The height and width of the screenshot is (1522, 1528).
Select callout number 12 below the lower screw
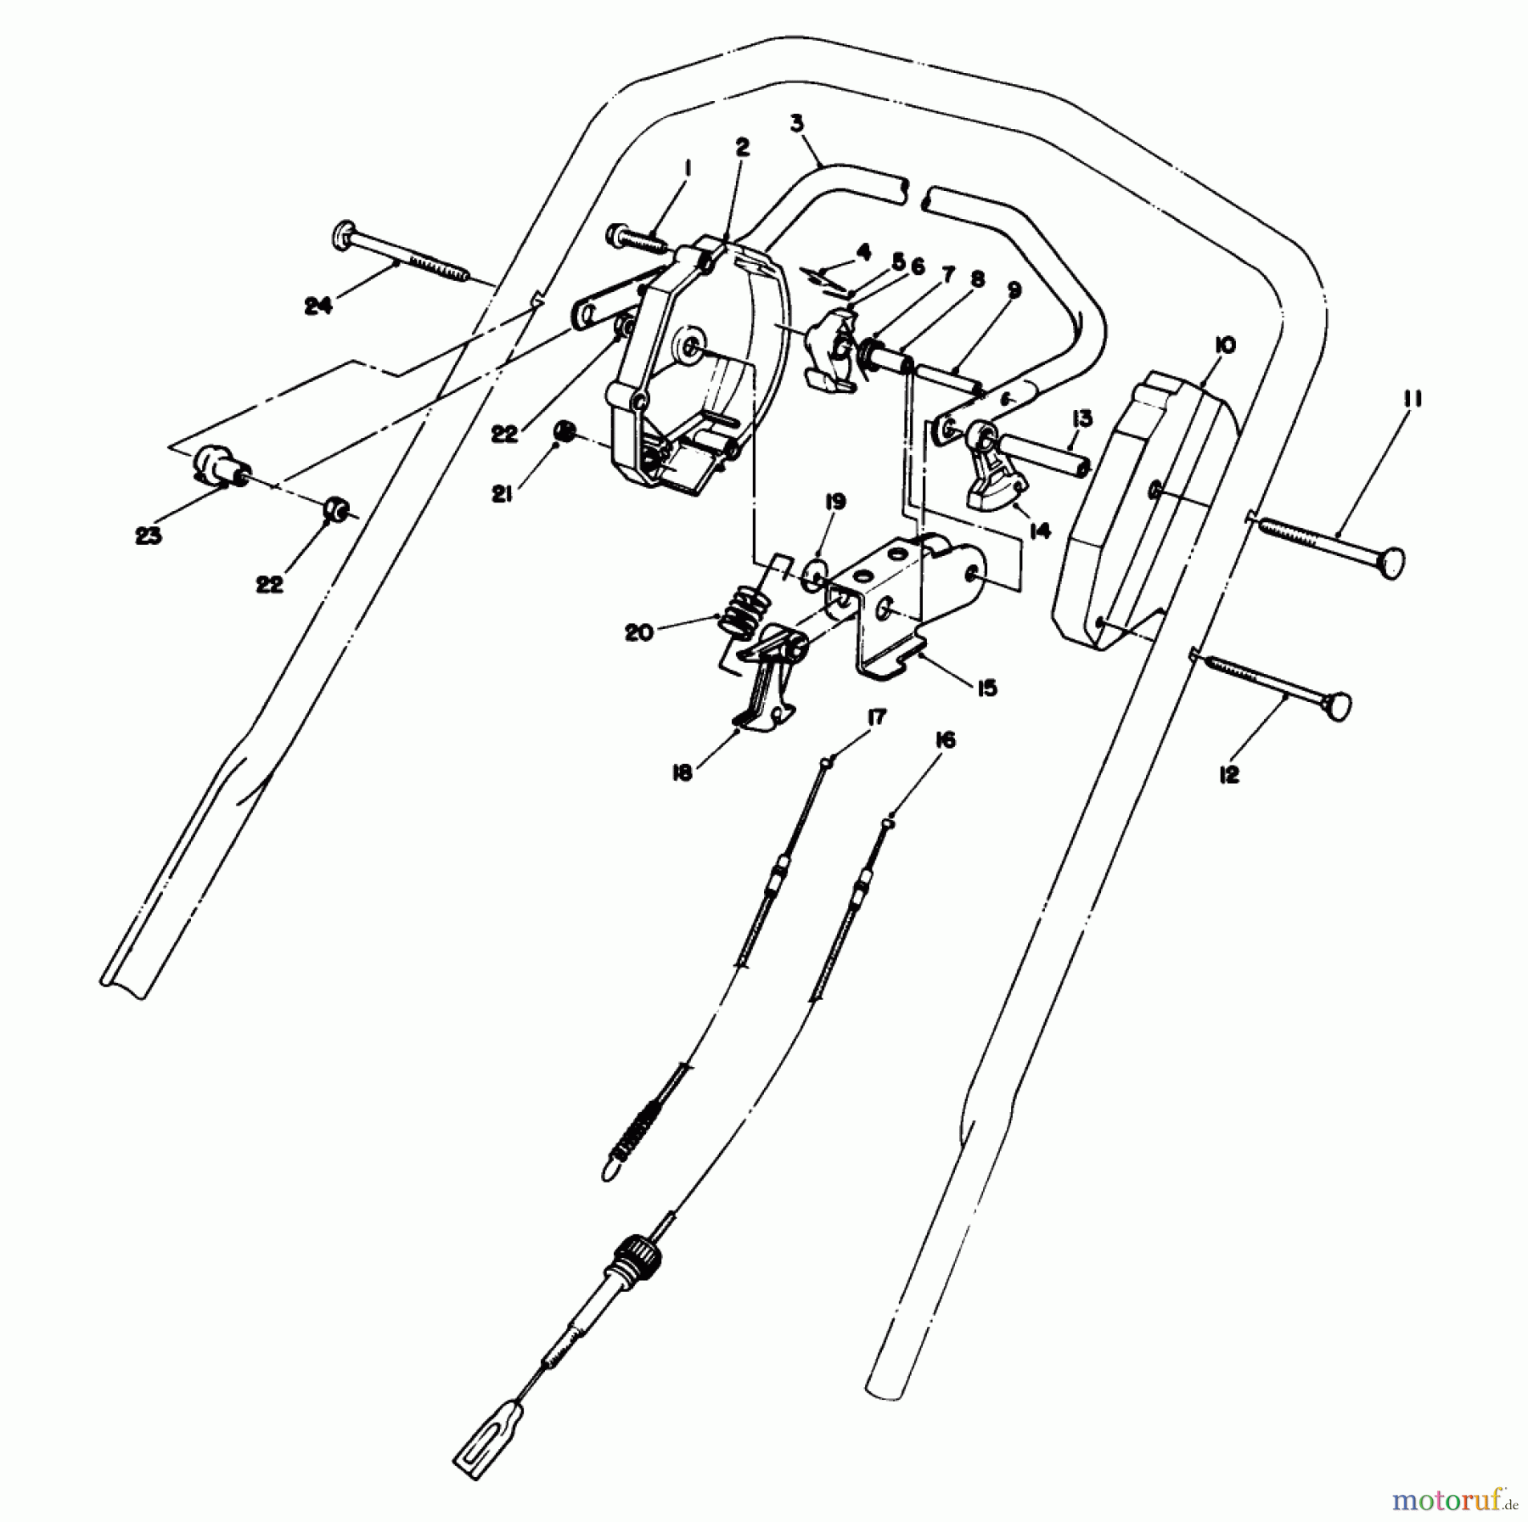pos(1228,774)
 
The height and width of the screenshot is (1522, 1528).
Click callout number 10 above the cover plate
pos(1225,345)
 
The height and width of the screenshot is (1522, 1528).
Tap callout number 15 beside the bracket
pos(986,687)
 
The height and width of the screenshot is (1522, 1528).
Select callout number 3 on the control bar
pos(796,124)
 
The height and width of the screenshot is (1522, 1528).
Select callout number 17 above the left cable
pos(876,718)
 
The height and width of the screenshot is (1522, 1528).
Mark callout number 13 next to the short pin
pos(1081,418)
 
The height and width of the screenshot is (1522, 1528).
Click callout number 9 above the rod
pos(1014,290)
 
